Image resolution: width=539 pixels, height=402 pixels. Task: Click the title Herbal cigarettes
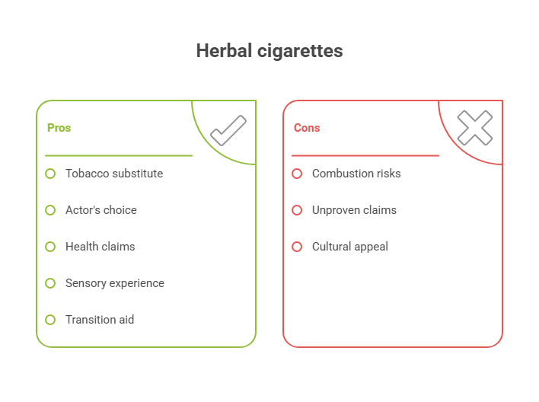269,51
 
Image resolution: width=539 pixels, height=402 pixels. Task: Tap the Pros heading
59,128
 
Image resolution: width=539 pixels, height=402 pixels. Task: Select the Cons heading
307,128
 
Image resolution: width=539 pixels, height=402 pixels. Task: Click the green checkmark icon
228,129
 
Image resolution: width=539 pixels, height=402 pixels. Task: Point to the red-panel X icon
474,128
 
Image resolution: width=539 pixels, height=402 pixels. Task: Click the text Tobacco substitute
113,174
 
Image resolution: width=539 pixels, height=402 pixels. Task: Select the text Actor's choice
100,210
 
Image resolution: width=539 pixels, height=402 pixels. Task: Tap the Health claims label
100,247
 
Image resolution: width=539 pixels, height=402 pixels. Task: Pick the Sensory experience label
114,283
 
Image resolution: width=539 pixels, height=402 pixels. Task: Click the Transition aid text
99,320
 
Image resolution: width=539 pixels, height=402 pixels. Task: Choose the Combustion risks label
356,174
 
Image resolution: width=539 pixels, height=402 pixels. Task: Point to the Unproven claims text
354,210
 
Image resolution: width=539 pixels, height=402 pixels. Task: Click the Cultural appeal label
349,247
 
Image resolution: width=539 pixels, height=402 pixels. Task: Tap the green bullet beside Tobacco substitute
50,174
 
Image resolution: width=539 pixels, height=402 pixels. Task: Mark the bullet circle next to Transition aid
50,320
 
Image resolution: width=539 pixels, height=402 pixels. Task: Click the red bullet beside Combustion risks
297,174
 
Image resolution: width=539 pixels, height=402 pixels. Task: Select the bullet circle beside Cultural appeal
297,247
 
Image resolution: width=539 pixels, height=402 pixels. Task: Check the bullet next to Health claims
50,247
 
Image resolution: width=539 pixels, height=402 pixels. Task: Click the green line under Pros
118,155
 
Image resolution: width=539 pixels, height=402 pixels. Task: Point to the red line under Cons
365,155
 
